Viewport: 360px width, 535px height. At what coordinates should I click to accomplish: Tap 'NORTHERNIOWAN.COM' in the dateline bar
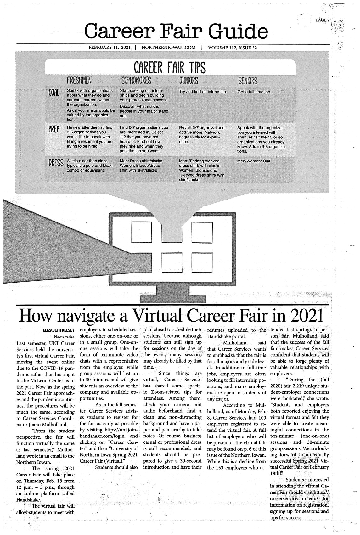169,48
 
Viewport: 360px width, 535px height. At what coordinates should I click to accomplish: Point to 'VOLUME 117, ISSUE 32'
235,48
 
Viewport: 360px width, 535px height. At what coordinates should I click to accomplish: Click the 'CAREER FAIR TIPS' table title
170,67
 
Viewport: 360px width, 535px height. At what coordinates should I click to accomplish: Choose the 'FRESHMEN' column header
79,81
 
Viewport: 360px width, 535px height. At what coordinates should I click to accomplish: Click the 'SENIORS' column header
248,81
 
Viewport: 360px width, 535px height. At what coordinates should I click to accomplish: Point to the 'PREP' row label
54,130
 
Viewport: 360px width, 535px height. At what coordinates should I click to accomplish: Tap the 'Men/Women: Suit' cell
254,161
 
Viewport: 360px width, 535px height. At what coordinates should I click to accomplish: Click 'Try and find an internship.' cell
203,92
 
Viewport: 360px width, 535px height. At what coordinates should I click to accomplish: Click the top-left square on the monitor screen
141,232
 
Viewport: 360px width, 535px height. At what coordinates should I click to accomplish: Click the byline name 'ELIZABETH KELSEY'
57,330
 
